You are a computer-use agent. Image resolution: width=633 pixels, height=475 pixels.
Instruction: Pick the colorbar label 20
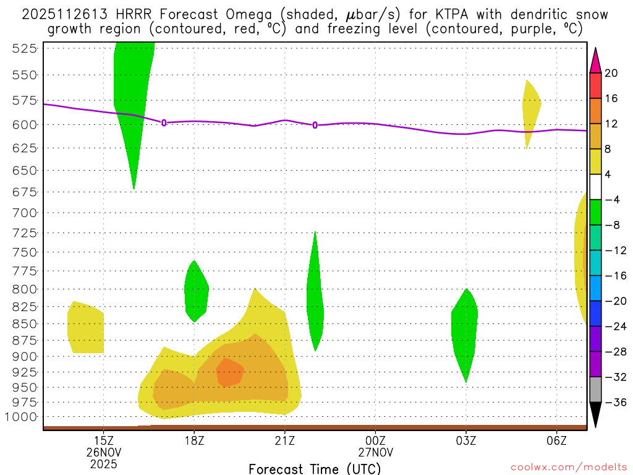[611, 73]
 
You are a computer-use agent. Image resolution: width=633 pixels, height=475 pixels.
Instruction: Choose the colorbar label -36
[614, 402]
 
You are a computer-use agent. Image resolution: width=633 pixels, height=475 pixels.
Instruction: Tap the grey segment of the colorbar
[595, 389]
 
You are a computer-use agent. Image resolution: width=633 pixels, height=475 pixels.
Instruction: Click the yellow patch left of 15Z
[85, 328]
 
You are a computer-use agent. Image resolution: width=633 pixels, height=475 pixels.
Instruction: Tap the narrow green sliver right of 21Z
[315, 297]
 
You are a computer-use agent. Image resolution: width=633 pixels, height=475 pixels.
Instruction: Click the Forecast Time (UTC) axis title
[315, 469]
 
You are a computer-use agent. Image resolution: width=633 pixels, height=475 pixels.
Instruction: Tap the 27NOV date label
[375, 451]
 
